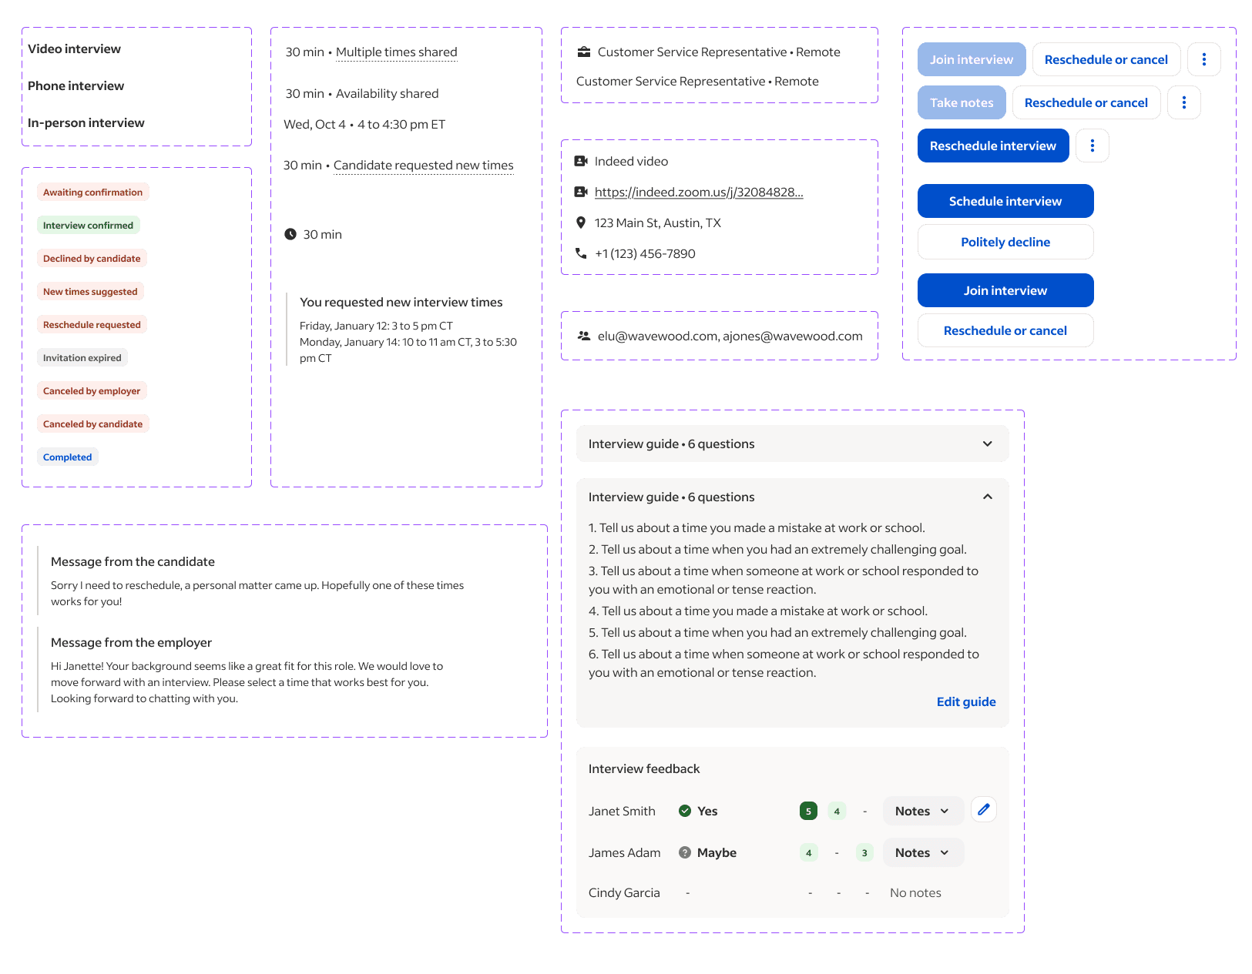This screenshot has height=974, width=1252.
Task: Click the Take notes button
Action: (962, 102)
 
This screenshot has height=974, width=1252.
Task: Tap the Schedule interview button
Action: (1005, 201)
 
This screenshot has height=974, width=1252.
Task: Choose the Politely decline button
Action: (1005, 242)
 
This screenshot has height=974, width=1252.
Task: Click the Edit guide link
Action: (965, 701)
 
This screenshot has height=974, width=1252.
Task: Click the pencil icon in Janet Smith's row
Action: (983, 810)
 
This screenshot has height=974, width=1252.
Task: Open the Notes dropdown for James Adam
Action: (922, 852)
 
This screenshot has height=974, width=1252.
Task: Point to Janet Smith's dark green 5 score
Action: (808, 811)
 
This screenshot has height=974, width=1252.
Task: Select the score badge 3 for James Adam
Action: (864, 852)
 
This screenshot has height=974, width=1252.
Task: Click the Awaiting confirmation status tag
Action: (92, 192)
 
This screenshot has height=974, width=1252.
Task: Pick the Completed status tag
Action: (68, 457)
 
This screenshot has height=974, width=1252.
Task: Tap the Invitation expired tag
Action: (82, 358)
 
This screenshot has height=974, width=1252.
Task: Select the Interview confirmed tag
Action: (88, 226)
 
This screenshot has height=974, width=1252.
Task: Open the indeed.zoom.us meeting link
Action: (698, 192)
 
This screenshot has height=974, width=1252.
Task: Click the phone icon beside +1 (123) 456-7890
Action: (581, 253)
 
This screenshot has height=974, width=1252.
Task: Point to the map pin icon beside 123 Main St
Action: (581, 223)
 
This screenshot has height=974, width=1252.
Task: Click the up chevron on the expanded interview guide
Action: (987, 497)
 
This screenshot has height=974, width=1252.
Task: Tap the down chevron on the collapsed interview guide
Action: (987, 443)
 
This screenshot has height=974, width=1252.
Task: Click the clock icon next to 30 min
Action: (290, 234)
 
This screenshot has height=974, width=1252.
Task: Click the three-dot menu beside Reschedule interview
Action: (1092, 146)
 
